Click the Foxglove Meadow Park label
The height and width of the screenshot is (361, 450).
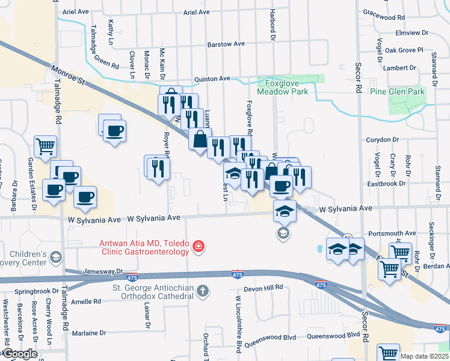[x=282, y=87]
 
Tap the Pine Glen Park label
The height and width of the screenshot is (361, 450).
[x=397, y=91]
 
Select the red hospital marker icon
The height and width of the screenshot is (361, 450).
[x=198, y=247]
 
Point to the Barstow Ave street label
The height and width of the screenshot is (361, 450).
[x=226, y=44]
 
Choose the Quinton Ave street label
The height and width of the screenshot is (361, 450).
[x=212, y=78]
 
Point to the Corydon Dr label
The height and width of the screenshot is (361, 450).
[x=383, y=140]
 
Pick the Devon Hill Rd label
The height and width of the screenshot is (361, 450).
[x=263, y=288]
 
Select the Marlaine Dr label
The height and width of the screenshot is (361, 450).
[x=89, y=332]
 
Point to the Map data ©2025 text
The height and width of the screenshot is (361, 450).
[x=424, y=356]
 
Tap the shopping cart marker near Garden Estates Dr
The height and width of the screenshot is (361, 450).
[x=46, y=147]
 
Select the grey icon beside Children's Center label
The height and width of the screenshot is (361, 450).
[x=55, y=258]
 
